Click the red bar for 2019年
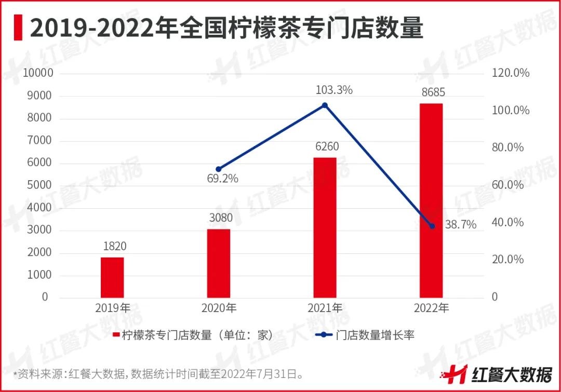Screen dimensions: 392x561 pos(112,277)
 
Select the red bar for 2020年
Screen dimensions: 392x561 pos(219,263)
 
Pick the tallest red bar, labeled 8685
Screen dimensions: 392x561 pos(431,200)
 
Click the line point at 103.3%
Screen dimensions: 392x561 pos(325,105)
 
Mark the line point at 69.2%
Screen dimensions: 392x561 pos(219,169)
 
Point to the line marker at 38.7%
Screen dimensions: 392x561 pos(432,226)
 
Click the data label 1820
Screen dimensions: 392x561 pos(112,246)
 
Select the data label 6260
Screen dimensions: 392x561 pos(325,146)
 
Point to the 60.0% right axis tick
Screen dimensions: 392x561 pos(508,185)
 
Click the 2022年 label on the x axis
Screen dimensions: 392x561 pos(431,308)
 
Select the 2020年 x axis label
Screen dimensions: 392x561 pos(219,308)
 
